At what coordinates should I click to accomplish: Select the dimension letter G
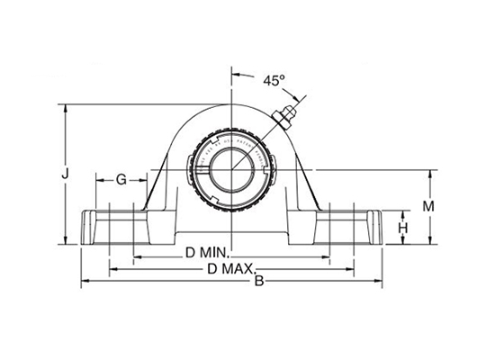(121, 179)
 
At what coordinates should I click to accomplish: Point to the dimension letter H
(403, 228)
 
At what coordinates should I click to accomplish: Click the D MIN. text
(209, 253)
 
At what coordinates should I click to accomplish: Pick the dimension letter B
(260, 283)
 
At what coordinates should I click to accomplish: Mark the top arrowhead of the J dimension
(65, 107)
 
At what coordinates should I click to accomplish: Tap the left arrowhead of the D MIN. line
(136, 256)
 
